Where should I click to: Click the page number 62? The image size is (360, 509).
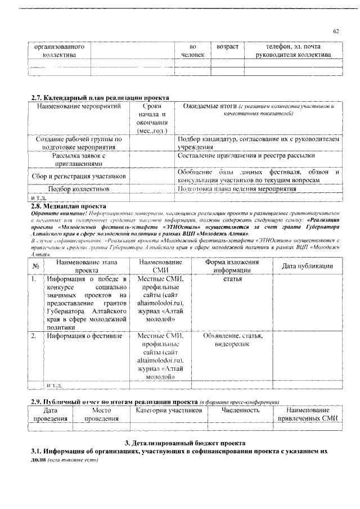336,31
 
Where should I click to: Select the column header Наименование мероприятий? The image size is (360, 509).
79,106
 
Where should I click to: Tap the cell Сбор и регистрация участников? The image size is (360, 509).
79,177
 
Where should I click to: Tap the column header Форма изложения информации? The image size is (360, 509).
232,266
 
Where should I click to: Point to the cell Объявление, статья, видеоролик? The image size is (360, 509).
232,340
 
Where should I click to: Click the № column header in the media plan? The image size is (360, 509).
35,266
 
